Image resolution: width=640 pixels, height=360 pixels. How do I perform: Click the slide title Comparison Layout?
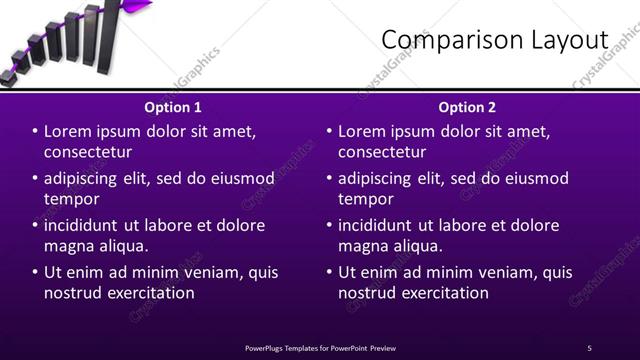[x=495, y=39]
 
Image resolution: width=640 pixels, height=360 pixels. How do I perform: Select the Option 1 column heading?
[x=173, y=107]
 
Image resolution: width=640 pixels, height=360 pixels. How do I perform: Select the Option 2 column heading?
[x=467, y=107]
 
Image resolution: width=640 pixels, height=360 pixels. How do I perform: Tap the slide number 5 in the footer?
[x=589, y=347]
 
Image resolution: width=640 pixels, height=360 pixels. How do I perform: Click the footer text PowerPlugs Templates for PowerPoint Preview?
[x=320, y=347]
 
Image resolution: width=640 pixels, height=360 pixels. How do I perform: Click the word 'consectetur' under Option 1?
[x=88, y=153]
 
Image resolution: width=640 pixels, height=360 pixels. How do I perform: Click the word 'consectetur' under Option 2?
[x=382, y=153]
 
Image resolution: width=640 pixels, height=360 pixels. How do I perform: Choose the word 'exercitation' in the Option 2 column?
[x=441, y=293]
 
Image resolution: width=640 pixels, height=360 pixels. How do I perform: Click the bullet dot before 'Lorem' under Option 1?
[x=35, y=132]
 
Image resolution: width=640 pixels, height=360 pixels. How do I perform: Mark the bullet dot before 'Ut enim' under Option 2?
[x=329, y=272]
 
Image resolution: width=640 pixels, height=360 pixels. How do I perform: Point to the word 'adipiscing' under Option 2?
[x=379, y=179]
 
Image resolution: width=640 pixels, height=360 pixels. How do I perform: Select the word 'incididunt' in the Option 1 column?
[x=85, y=225]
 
